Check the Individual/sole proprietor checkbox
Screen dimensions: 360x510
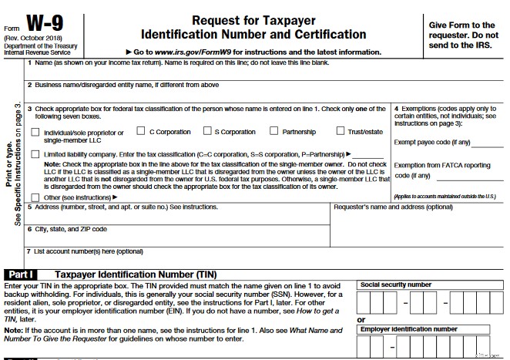tap(35, 133)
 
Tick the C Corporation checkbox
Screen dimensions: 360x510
tap(141, 132)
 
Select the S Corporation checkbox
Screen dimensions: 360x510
tap(206, 132)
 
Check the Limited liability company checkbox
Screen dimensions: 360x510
tap(35, 154)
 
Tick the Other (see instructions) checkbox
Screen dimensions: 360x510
tap(35, 197)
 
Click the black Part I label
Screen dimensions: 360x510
tap(23, 274)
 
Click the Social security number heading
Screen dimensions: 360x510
tap(397, 284)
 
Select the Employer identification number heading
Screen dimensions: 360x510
tap(408, 329)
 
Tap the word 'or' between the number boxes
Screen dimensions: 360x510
tap(361, 319)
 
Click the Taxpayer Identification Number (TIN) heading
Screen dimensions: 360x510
tap(136, 274)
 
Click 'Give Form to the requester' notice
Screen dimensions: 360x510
tap(461, 30)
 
